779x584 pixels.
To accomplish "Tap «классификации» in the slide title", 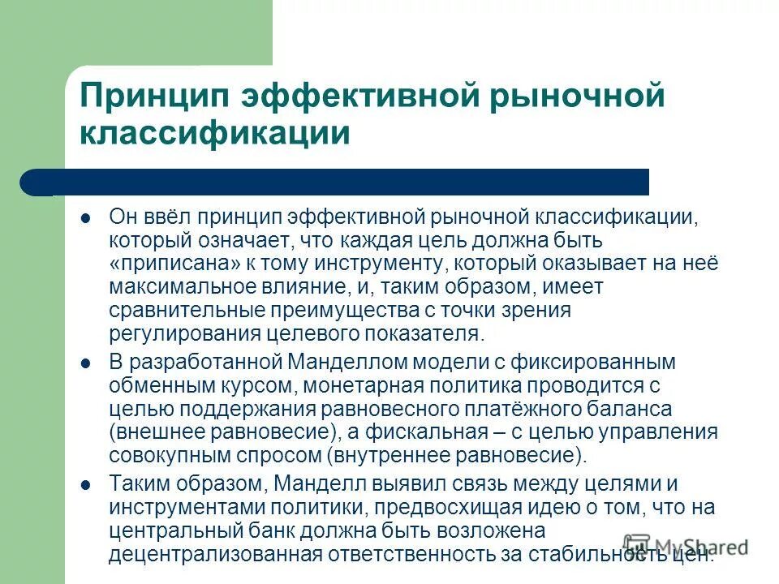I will click(214, 132).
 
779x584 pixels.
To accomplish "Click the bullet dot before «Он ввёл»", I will click(85, 218).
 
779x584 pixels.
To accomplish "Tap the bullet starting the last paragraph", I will click(85, 484).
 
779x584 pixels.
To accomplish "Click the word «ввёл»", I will click(164, 218).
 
